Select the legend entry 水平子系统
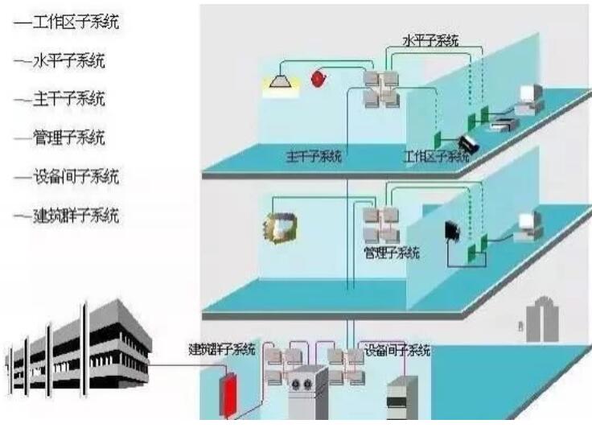(x=69, y=60)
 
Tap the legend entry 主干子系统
(x=69, y=99)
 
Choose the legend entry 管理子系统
(x=69, y=138)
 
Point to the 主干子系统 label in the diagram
(x=314, y=156)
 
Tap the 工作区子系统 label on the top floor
(x=435, y=156)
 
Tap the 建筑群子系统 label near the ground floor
(x=222, y=350)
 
